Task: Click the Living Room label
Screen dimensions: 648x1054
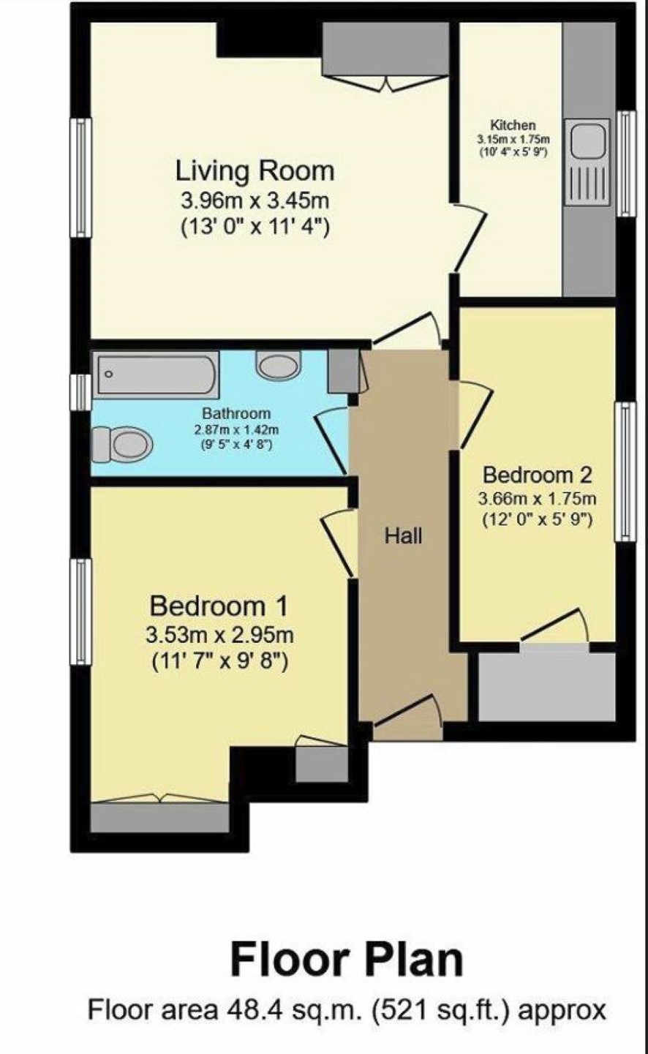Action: (x=255, y=171)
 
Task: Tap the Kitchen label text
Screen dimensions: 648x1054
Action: (x=513, y=125)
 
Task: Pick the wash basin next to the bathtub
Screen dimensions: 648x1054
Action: (x=279, y=365)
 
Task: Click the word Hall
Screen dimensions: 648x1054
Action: (x=403, y=536)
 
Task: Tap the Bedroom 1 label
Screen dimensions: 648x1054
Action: (x=219, y=606)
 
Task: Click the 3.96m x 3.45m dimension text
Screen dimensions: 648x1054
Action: (x=255, y=201)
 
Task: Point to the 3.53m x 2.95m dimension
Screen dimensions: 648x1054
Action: (x=219, y=636)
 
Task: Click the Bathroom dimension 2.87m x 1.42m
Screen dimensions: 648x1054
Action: (x=236, y=429)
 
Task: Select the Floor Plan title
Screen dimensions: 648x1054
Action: (x=347, y=959)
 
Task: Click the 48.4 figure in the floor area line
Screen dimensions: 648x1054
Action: (x=247, y=1009)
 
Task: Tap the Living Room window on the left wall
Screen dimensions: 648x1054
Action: (x=80, y=178)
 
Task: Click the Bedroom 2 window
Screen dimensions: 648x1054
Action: (x=625, y=472)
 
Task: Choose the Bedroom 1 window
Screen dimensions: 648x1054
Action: (x=80, y=611)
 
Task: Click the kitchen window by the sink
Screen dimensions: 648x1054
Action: (x=626, y=163)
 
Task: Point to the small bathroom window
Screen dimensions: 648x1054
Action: (x=80, y=392)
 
